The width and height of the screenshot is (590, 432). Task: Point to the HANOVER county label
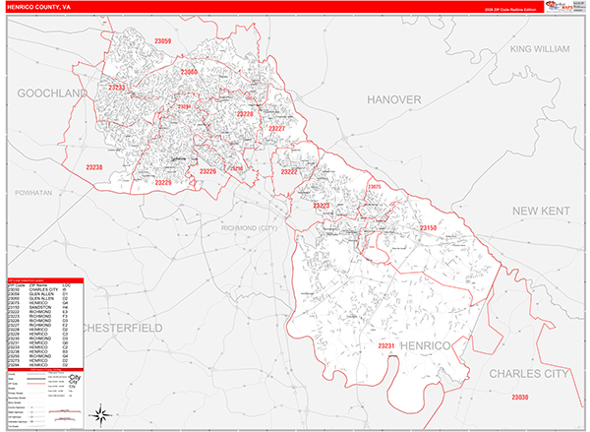click(393, 100)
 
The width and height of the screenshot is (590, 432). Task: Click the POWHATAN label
click(33, 194)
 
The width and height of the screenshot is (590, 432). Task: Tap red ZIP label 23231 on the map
click(385, 346)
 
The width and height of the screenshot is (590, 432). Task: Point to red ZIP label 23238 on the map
click(94, 167)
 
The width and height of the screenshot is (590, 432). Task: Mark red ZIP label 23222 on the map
click(289, 171)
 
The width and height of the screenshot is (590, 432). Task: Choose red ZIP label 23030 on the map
click(519, 397)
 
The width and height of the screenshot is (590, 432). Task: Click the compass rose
click(99, 414)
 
